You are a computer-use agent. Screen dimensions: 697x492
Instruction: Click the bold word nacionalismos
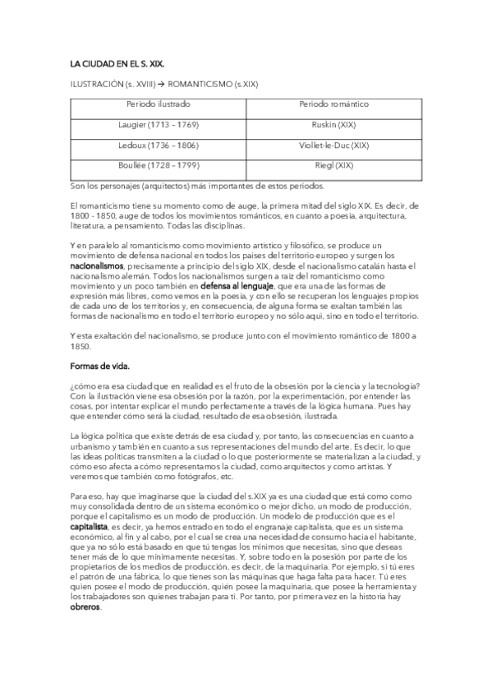pyautogui.click(x=97, y=266)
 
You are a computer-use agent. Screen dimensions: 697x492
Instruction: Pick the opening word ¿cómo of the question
pyautogui.click(x=82, y=387)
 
